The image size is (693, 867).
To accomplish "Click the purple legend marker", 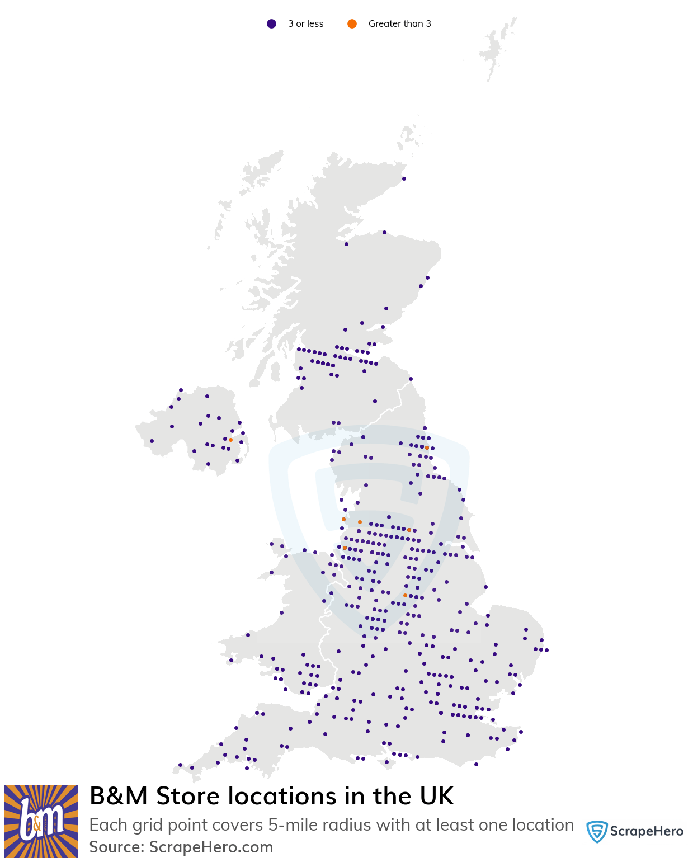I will [271, 23].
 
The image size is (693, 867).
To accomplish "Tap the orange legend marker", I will [352, 23].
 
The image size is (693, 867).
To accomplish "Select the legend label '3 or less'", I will [305, 23].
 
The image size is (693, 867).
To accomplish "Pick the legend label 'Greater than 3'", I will [399, 23].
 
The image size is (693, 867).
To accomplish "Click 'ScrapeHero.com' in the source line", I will [211, 847].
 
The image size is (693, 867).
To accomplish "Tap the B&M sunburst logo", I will [41, 821].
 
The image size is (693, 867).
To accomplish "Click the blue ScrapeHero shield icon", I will [597, 832].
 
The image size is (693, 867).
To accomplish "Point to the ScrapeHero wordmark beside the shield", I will [647, 831].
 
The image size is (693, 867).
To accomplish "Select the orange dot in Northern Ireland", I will [230, 440].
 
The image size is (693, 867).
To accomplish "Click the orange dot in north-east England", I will [427, 447].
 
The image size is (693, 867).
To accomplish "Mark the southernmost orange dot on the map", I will [405, 595].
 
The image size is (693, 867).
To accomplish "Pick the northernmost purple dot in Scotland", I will [404, 178].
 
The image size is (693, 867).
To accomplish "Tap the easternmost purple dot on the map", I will [546, 650].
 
